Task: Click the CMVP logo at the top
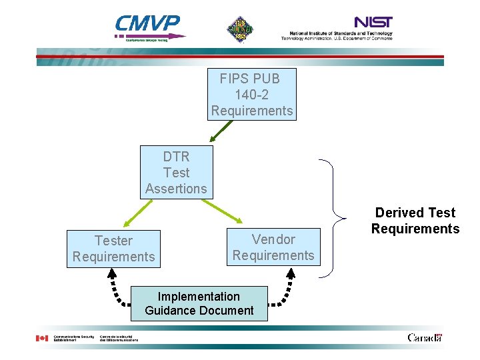[148, 27]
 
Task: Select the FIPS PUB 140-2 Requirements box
[252, 95]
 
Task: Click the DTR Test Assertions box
[176, 172]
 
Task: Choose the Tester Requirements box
[113, 249]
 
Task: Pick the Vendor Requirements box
[273, 247]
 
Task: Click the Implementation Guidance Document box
[199, 303]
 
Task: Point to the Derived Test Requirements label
[415, 221]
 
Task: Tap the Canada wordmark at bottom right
[424, 337]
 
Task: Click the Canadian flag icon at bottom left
[41, 338]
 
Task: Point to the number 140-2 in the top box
[251, 95]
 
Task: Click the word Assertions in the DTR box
[176, 189]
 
